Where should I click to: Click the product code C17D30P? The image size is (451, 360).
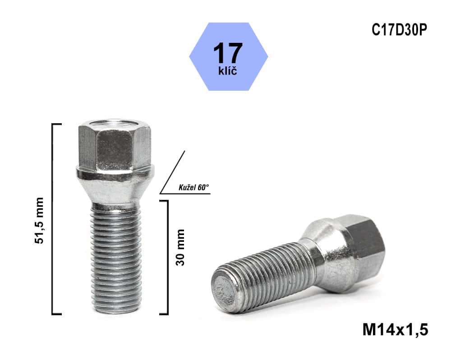pyautogui.click(x=399, y=30)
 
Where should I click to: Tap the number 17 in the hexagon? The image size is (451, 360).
pyautogui.click(x=228, y=53)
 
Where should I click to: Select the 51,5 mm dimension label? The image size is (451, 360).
pyautogui.click(x=40, y=220)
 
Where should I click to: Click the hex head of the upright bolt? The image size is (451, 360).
pyautogui.click(x=115, y=145)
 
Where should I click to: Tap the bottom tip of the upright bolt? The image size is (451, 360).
pyautogui.click(x=116, y=311)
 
